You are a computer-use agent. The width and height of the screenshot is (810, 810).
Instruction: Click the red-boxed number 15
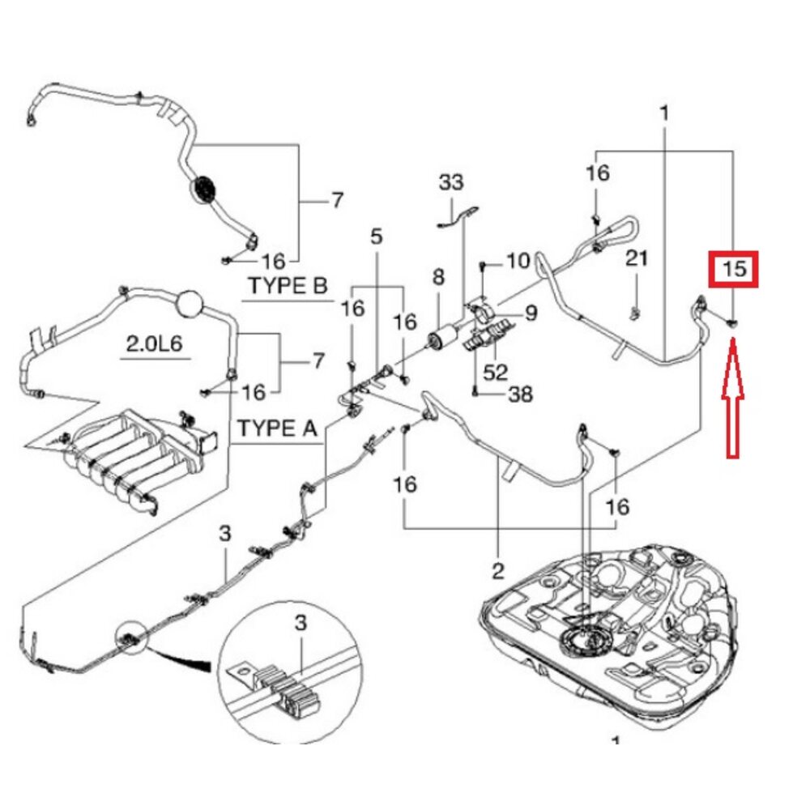coord(733,269)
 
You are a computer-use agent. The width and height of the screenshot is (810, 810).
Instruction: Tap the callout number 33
coord(452,181)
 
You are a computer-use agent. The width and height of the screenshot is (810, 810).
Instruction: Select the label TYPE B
coord(288,286)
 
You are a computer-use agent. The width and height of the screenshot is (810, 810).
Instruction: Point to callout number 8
coord(438,278)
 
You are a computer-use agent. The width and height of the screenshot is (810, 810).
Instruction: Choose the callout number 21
coord(637,259)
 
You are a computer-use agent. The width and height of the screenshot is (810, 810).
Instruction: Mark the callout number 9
coord(530,312)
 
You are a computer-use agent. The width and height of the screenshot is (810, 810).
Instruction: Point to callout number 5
coord(376,237)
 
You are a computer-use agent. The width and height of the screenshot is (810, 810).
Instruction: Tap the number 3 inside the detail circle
coord(301,625)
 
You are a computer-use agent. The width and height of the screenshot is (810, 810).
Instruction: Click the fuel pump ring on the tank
coord(588,643)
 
